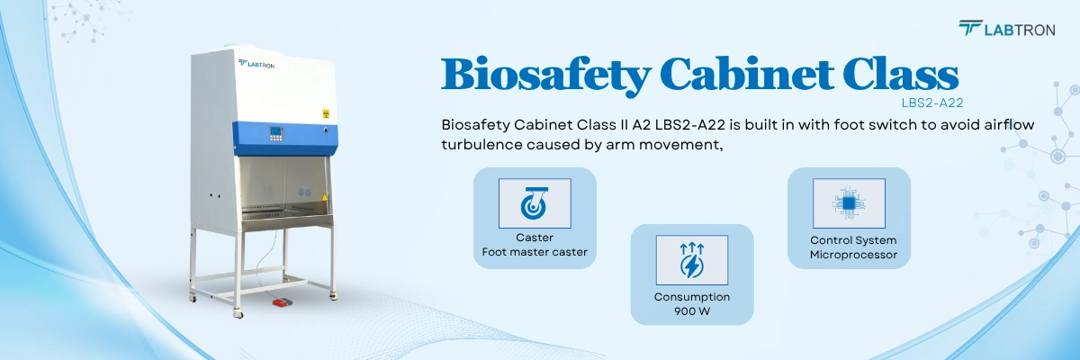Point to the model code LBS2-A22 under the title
[x=940, y=103]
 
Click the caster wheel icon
[x=535, y=203]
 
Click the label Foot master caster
[x=535, y=252]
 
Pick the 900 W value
[x=691, y=310]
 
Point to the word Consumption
[x=691, y=296]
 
